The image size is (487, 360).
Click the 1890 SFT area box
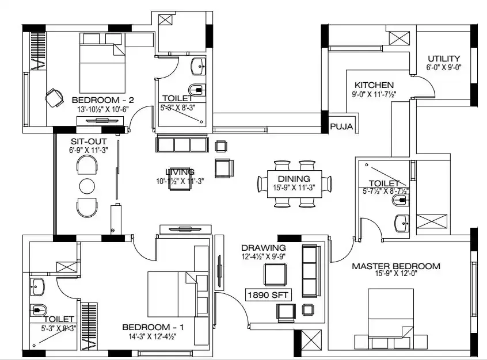click(268, 294)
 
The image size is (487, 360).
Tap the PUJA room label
click(342, 127)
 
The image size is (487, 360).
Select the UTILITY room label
click(443, 59)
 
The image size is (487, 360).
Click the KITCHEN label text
click(374, 85)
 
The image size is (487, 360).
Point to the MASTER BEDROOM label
click(396, 266)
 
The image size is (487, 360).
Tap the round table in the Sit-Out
click(87, 186)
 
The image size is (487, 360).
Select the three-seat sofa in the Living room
click(181, 144)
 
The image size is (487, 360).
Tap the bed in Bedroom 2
click(102, 63)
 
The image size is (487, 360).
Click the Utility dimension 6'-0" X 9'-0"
click(443, 67)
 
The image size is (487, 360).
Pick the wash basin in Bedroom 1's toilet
click(37, 285)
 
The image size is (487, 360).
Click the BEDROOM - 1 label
click(153, 327)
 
